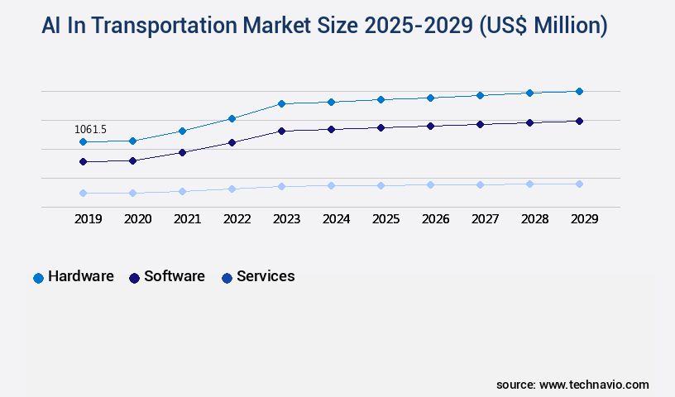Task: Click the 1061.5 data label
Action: (x=90, y=129)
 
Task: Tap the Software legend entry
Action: (x=167, y=277)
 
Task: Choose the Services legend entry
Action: (x=258, y=277)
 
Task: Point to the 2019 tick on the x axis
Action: (x=88, y=219)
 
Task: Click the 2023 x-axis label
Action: (x=286, y=219)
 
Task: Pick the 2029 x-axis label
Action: (x=584, y=219)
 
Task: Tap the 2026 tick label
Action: (x=435, y=219)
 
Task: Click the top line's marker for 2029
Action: (x=579, y=91)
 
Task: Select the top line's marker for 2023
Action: (x=281, y=103)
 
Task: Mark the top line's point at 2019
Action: (x=83, y=141)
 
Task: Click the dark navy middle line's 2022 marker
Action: (x=232, y=142)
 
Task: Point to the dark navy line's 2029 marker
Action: (x=579, y=121)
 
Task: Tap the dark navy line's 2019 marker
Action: (x=83, y=161)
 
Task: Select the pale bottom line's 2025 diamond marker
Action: (x=381, y=185)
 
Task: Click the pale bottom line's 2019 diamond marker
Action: (x=83, y=193)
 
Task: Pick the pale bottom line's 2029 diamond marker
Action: (x=579, y=184)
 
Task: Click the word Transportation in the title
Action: (x=165, y=26)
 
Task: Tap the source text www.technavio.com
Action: (x=594, y=385)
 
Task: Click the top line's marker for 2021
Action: (x=182, y=131)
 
